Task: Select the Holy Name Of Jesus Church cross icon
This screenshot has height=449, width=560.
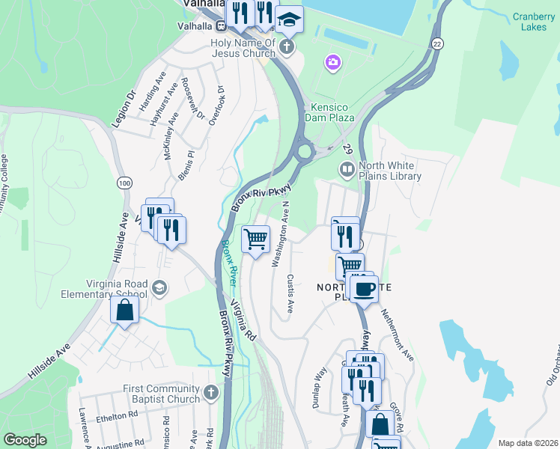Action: (285, 48)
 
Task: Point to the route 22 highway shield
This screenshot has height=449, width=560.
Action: (436, 44)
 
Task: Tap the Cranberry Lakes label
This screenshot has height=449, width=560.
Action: (534, 22)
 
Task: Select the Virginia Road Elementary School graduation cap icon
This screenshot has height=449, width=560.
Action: (159, 288)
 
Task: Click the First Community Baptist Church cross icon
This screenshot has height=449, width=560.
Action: (211, 392)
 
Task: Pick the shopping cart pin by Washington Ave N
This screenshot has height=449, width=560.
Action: (256, 239)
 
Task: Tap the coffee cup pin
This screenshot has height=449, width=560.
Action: (365, 288)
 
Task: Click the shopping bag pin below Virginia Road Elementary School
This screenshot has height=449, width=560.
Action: (125, 310)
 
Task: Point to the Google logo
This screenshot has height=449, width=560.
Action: (25, 440)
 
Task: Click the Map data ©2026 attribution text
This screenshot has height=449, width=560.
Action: (527, 443)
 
